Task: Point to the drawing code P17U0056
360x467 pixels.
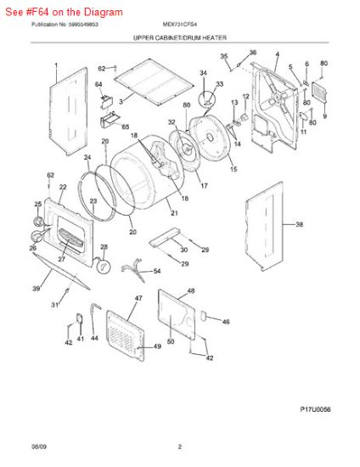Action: (x=315, y=409)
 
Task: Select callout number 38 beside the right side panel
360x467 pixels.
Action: (x=299, y=225)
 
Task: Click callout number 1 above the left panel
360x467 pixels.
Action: (x=56, y=65)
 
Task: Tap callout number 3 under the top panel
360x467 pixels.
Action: (x=121, y=102)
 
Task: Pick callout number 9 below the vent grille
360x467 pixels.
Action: (x=323, y=115)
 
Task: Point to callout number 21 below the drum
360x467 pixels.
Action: (x=174, y=213)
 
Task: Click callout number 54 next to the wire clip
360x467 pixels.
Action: (x=155, y=271)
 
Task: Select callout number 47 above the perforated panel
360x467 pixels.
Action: (x=138, y=299)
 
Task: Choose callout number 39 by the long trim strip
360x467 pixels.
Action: (x=36, y=290)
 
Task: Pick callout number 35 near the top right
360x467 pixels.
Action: (x=224, y=57)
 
